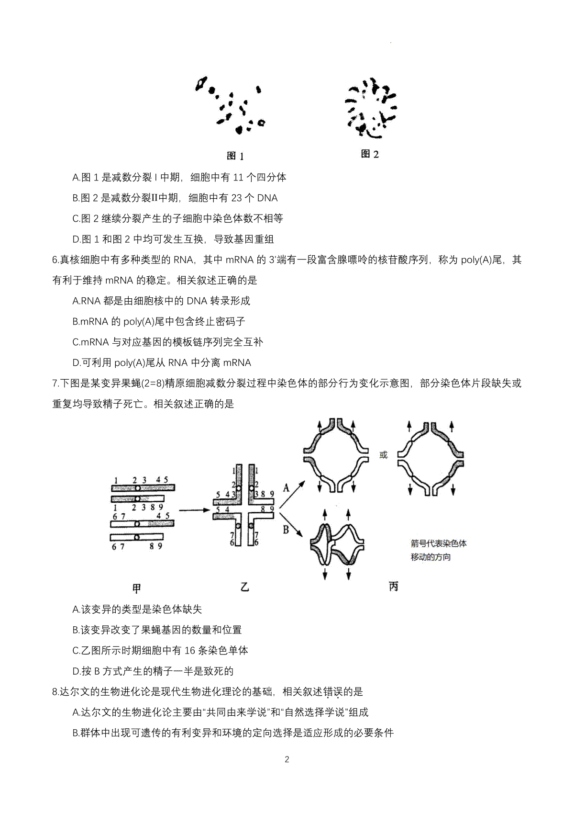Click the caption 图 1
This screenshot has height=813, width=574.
[x=235, y=156]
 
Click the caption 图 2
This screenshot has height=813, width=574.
[x=370, y=154]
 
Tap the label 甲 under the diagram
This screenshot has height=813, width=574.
[x=136, y=588]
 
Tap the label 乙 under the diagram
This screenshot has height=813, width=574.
[x=245, y=587]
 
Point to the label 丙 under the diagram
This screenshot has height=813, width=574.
[x=393, y=587]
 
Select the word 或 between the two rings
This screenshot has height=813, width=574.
[x=383, y=455]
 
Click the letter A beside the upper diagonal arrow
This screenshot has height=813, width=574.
[x=286, y=488]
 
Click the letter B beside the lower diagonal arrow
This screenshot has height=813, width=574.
[x=286, y=530]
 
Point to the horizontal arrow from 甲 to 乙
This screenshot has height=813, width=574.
[x=195, y=510]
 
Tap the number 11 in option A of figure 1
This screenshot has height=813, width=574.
[x=238, y=178]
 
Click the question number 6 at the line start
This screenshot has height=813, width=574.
[x=55, y=260]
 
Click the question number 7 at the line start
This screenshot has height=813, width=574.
[x=55, y=383]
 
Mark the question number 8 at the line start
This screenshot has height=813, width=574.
[x=55, y=692]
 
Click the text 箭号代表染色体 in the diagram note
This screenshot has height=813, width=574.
[x=438, y=543]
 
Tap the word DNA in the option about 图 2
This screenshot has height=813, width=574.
[x=267, y=198]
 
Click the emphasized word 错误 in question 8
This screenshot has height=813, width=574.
[x=332, y=692]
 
